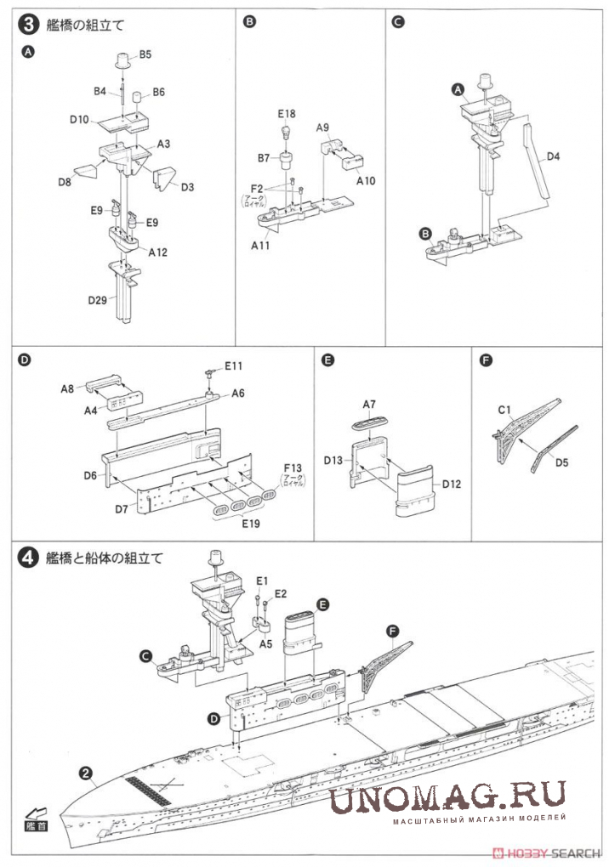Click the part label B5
pyautogui.click(x=145, y=54)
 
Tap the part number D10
pyautogui.click(x=80, y=120)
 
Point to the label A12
pyautogui.click(x=158, y=252)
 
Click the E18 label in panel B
pyautogui.click(x=286, y=113)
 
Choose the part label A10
pyautogui.click(x=366, y=180)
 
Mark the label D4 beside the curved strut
pyautogui.click(x=553, y=156)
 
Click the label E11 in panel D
pyautogui.click(x=235, y=366)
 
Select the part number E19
pyautogui.click(x=249, y=523)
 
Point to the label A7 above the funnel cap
pyautogui.click(x=369, y=405)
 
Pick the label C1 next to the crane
pyautogui.click(x=504, y=411)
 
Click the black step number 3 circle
pyautogui.click(x=28, y=25)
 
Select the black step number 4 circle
pyautogui.click(x=28, y=558)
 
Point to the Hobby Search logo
pyautogui.click(x=549, y=853)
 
